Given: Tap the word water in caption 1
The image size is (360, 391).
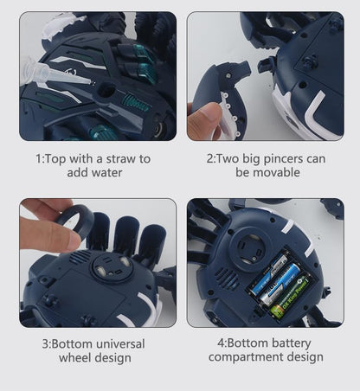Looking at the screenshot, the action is pyautogui.click(x=107, y=173).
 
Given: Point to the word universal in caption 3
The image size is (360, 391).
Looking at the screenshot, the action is pyautogui.click(x=120, y=344).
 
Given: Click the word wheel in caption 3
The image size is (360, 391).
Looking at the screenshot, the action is pyautogui.click(x=75, y=358).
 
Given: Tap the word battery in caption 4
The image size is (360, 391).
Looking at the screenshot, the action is pyautogui.click(x=292, y=343).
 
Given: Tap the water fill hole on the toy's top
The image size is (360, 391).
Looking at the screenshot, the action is pyautogui.click(x=106, y=90).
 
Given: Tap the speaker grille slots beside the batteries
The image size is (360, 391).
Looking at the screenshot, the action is pyautogui.click(x=227, y=278).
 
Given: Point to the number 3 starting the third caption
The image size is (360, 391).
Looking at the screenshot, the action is pyautogui.click(x=45, y=344).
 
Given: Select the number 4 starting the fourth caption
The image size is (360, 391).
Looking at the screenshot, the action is pyautogui.click(x=221, y=343).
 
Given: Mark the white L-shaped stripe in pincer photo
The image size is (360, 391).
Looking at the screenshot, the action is pyautogui.click(x=315, y=111).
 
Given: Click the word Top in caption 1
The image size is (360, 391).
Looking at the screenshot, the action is pyautogui.click(x=56, y=159).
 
